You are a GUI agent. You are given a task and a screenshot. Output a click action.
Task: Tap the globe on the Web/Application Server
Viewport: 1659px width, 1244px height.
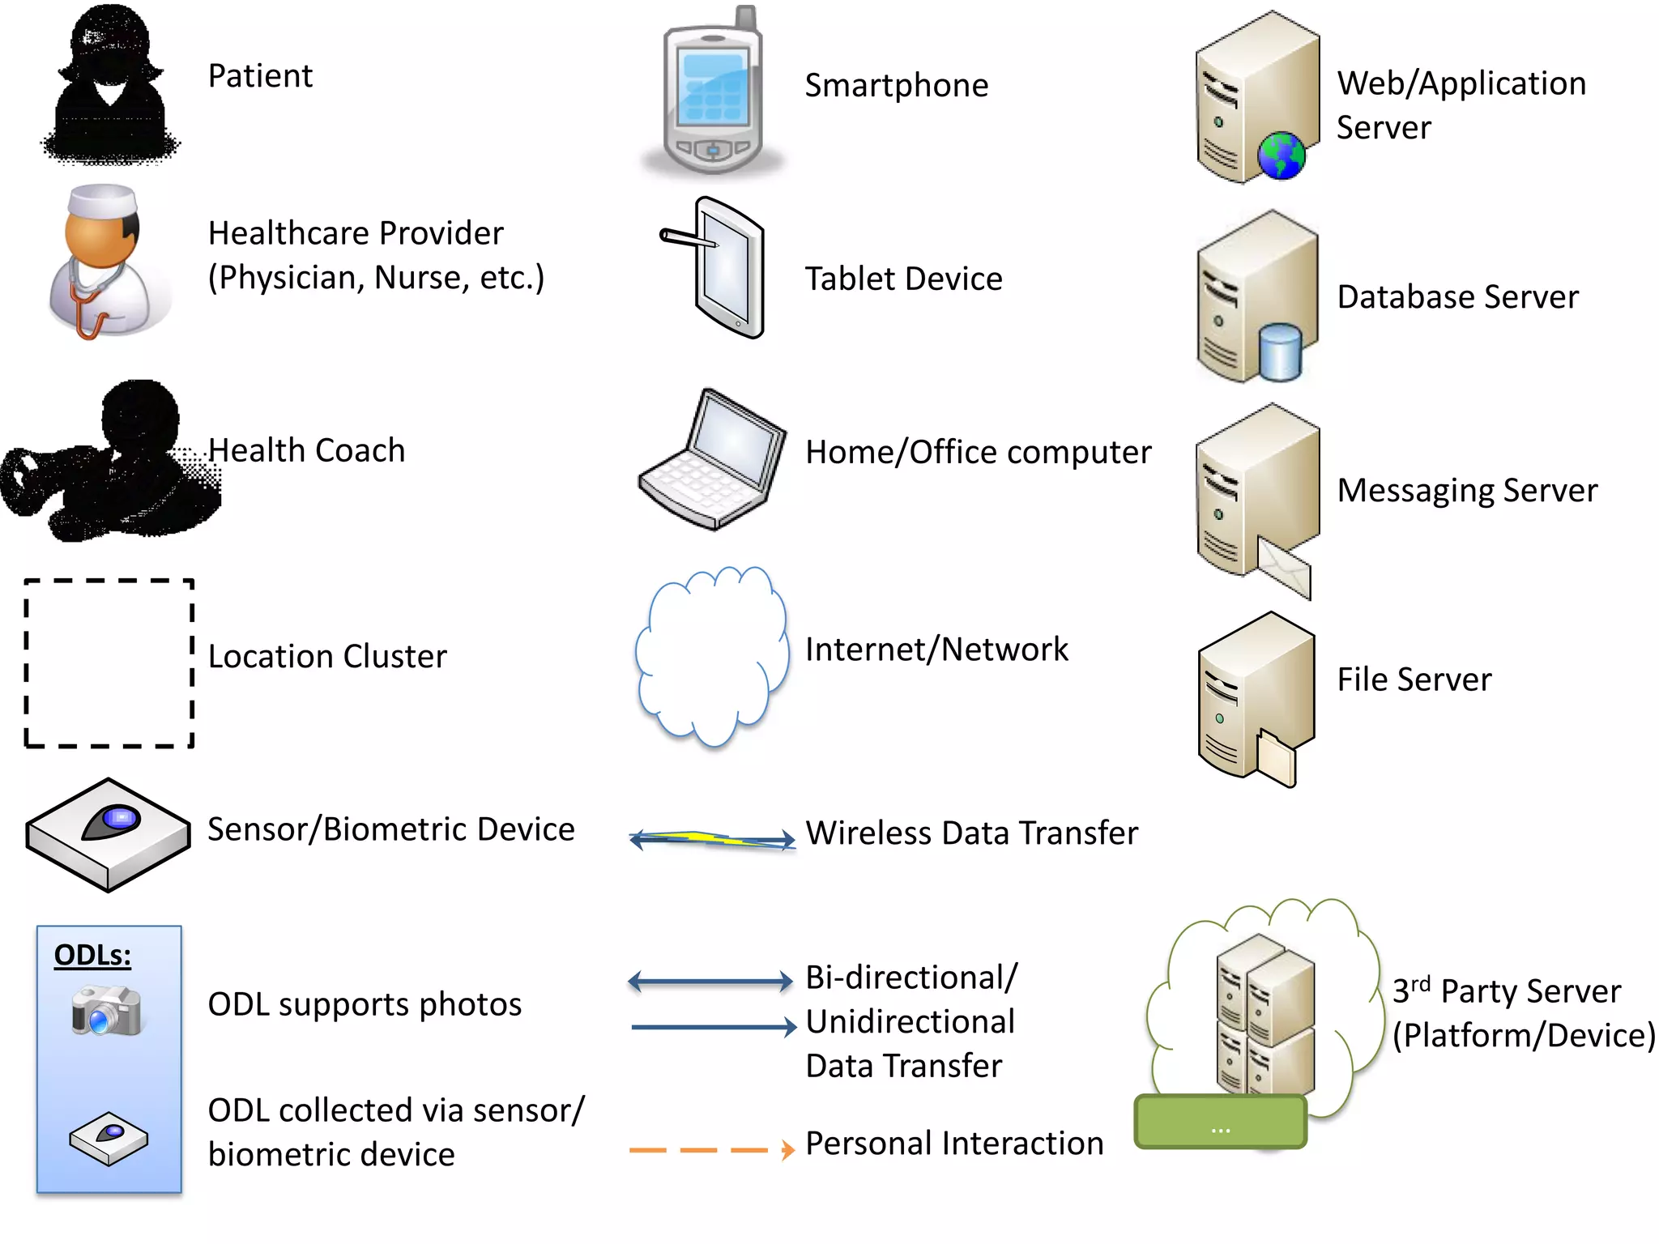coord(1281,155)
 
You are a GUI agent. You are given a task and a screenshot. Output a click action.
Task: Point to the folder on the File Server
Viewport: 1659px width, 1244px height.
coord(1277,757)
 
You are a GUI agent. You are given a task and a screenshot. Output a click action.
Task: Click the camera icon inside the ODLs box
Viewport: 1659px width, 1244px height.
coord(106,1010)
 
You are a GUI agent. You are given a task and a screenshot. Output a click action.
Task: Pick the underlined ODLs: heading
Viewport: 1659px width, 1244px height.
coord(92,956)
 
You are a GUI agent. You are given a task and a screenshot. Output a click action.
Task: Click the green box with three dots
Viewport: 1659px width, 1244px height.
coord(1221,1123)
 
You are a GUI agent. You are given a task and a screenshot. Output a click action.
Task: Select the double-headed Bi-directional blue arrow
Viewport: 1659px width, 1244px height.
coord(710,982)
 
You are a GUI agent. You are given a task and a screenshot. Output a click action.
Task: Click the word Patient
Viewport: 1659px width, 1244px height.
coord(260,76)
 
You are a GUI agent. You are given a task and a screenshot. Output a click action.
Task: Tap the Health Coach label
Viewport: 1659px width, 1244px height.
coord(306,450)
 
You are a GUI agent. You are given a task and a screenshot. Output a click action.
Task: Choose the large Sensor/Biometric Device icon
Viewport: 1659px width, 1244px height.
coord(108,835)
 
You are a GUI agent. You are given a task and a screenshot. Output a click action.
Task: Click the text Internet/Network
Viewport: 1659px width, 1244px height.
coord(936,650)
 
